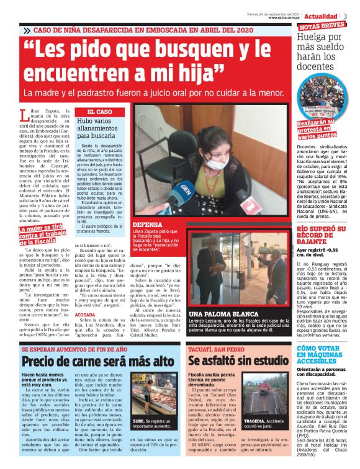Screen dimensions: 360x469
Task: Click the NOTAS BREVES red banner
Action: [x=322, y=26]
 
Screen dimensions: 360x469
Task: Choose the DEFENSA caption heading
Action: [x=147, y=224]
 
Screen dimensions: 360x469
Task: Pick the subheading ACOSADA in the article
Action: [x=85, y=315]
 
